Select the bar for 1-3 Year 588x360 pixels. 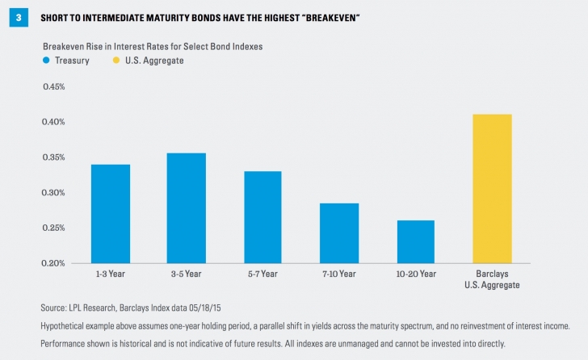111,214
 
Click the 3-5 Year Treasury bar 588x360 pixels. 187,208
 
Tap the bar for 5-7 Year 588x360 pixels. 263,217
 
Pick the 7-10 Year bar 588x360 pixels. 339,233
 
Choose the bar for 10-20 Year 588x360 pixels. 415,241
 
